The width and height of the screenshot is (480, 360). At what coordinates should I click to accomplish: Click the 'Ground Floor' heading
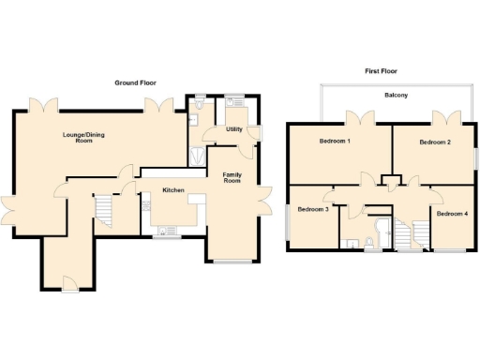coord(134,83)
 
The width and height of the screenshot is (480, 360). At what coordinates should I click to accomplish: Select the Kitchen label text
coord(173,190)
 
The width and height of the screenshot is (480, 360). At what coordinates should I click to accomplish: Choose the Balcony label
coord(395,96)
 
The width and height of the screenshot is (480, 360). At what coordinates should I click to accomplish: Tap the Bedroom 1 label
coord(334,142)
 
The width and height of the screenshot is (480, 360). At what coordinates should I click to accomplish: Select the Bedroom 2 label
coord(435,142)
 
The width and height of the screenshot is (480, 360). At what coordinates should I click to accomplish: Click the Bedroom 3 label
coord(313,209)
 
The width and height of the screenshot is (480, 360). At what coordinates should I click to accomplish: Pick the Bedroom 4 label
coord(452,214)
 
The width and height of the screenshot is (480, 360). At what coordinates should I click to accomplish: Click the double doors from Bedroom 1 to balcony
coord(355,117)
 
